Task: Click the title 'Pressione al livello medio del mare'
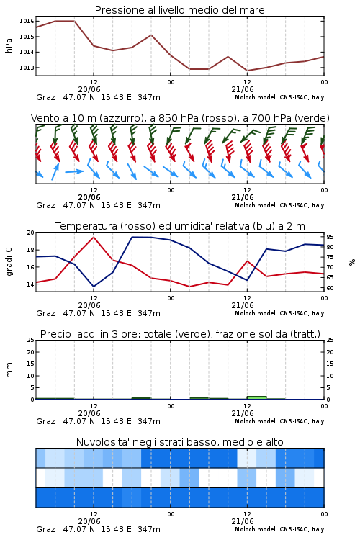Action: [x=179, y=10]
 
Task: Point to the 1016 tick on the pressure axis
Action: [x=27, y=21]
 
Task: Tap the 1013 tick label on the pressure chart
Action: [x=27, y=68]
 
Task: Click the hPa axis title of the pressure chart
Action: [x=9, y=45]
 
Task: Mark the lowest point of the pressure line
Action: [x=247, y=71]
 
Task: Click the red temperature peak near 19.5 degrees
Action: [x=94, y=237]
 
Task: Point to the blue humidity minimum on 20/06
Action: [x=94, y=287]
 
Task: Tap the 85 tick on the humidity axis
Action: [x=330, y=237]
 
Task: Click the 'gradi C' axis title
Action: [x=9, y=262]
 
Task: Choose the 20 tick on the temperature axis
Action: [x=31, y=233]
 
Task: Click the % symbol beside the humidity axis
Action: [x=352, y=262]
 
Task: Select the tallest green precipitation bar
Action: [x=256, y=397]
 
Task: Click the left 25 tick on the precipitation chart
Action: [x=31, y=340]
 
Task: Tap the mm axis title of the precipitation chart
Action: [x=9, y=369]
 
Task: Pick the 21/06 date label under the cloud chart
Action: [x=243, y=521]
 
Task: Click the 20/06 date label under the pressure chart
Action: [x=89, y=89]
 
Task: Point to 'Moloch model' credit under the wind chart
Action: [x=256, y=205]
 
